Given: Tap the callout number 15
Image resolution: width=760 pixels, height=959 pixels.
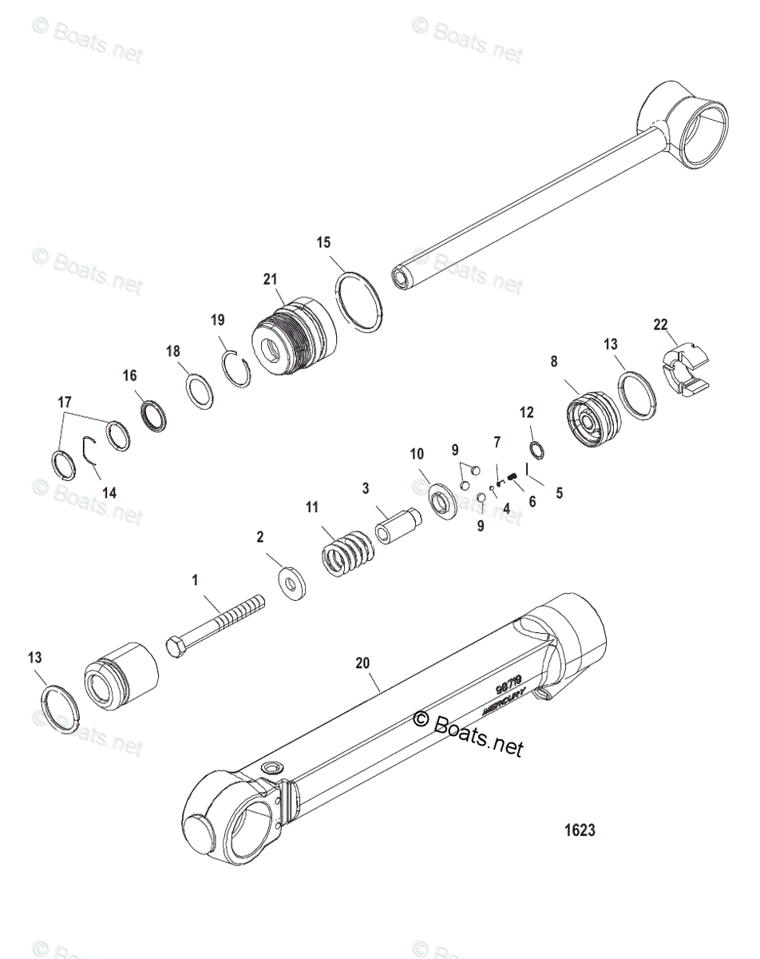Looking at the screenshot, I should (x=323, y=241).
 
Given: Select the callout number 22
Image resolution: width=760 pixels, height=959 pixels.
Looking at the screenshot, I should (x=659, y=324).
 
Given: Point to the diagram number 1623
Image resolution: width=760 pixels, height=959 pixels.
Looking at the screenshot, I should (x=580, y=830).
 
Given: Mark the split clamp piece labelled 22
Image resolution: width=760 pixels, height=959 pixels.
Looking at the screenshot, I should (x=686, y=366).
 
